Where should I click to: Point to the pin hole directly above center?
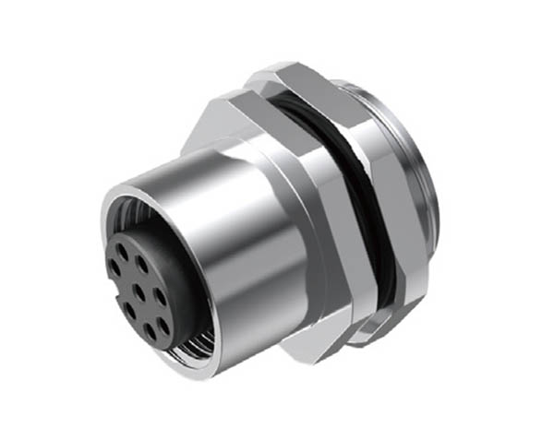click(143, 262)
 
